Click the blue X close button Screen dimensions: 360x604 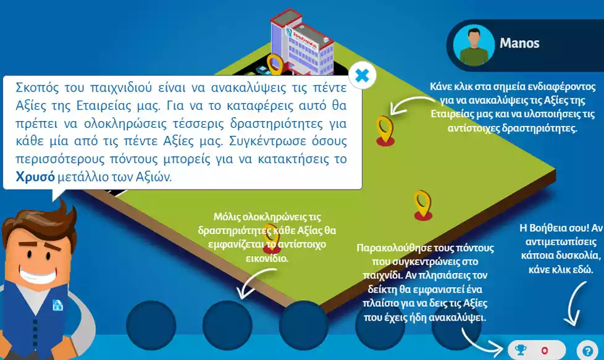[x=363, y=76]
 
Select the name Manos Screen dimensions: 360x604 [x=519, y=43]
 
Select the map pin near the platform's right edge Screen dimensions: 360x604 [x=422, y=204]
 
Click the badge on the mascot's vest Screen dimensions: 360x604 [x=57, y=304]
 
